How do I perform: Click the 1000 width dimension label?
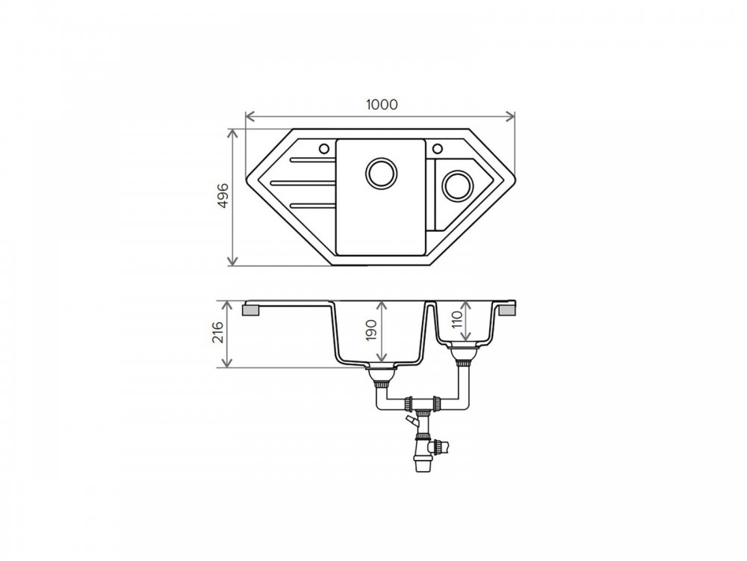click(x=382, y=104)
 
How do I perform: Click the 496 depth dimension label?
click(x=223, y=194)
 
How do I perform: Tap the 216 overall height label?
click(x=217, y=332)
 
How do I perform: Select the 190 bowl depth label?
click(x=371, y=330)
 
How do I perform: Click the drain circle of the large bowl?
click(x=381, y=172)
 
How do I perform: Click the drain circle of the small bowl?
click(x=457, y=186)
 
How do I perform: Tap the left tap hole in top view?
click(x=323, y=148)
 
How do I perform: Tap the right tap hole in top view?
click(x=438, y=148)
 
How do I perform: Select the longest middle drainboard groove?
click(x=303, y=183)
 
